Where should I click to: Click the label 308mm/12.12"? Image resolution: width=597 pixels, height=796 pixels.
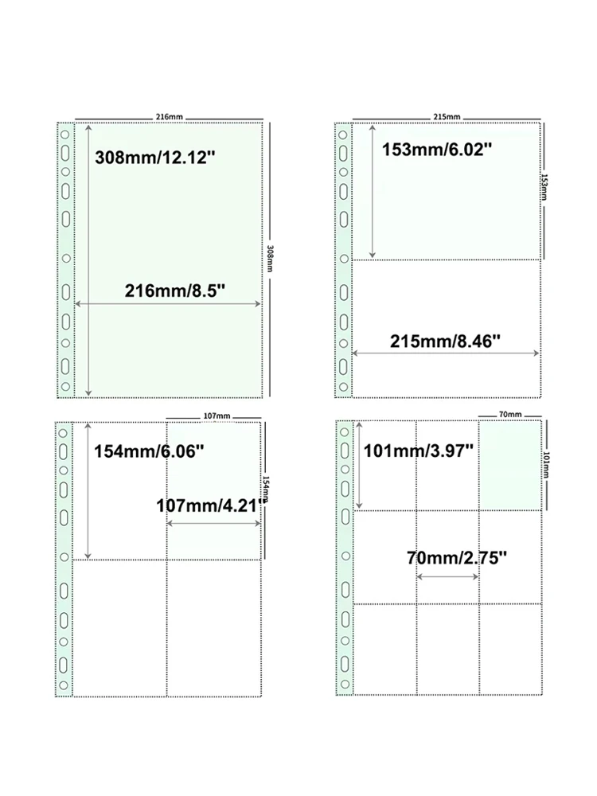pos(155,158)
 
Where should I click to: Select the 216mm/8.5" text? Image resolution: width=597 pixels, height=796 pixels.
pos(174,291)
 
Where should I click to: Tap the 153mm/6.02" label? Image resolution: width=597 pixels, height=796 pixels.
pos(437,150)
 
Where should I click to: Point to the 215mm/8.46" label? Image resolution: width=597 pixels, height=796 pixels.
pos(445,341)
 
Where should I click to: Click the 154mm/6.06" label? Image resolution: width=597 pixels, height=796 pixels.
pos(150,451)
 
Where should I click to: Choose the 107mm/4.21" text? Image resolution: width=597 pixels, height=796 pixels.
pos(212,505)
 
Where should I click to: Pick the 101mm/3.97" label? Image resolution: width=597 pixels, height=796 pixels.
pos(419,451)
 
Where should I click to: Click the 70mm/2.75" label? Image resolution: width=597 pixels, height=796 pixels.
pos(457,558)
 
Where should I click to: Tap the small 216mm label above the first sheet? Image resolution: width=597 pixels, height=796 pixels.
pos(169,117)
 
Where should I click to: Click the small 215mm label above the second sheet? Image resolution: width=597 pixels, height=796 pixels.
pos(447,117)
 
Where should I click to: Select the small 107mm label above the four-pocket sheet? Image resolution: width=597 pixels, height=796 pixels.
pos(217,416)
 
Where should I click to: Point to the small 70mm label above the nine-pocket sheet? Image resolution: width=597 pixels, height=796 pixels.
pos(510,414)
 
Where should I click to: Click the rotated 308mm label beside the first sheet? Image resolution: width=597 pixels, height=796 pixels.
pos(270,259)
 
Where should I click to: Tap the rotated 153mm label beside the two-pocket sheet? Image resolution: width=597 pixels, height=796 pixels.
pos(544,187)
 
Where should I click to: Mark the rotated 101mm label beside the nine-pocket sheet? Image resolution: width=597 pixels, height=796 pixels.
pos(546,465)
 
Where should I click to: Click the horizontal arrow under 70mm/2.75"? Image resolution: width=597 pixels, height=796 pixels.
pos(447,576)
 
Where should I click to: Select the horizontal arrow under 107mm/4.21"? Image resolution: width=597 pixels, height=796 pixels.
pos(213,524)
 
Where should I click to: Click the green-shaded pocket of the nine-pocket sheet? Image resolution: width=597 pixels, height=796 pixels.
pos(510,466)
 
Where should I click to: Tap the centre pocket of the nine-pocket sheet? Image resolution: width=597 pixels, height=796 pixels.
pos(447,557)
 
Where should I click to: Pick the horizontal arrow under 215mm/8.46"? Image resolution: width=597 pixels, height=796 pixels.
pos(445,353)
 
